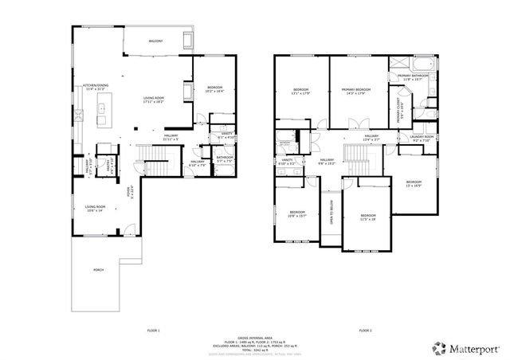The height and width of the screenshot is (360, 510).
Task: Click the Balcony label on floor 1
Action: point(155,41)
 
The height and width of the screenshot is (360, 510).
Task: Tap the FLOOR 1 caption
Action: point(153,330)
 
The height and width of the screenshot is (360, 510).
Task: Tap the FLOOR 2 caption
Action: point(364,330)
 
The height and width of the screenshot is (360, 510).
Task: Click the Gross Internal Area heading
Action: point(255,338)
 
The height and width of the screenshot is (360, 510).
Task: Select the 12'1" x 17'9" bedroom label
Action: point(300,90)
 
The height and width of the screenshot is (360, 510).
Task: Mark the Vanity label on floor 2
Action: point(287,162)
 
